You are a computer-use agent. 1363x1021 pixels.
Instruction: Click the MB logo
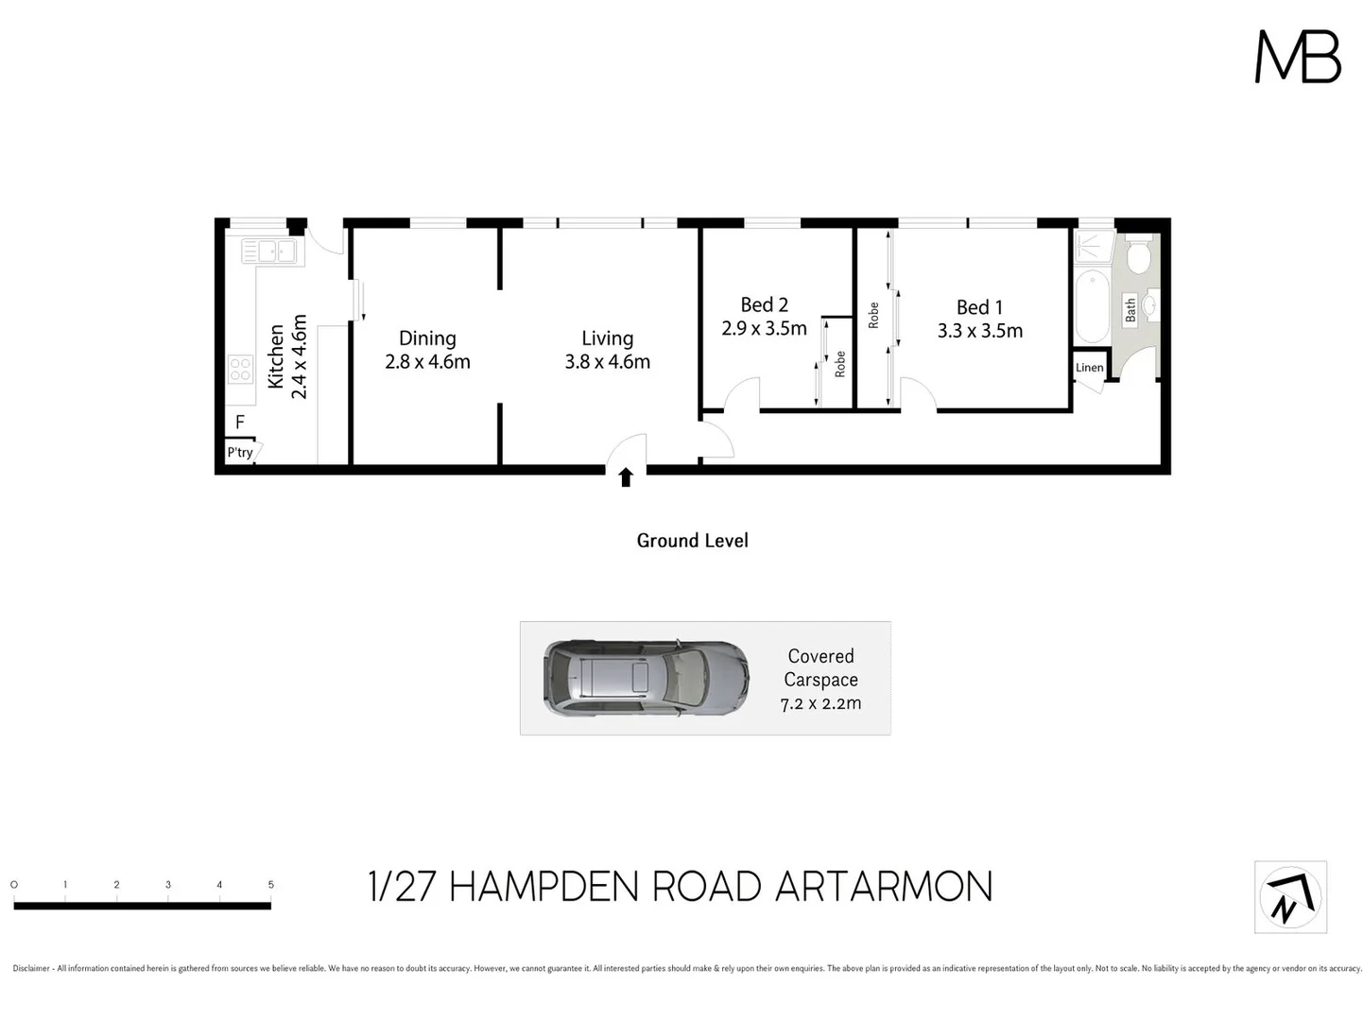pyautogui.click(x=1297, y=57)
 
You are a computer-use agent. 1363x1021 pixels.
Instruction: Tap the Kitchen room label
pyautogui.click(x=276, y=356)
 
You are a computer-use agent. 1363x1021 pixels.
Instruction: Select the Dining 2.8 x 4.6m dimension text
pyautogui.click(x=427, y=362)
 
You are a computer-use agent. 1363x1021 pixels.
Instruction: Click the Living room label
pyautogui.click(x=607, y=338)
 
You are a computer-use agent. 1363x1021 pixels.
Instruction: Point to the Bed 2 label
pyautogui.click(x=764, y=305)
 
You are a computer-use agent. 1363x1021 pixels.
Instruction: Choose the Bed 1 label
pyautogui.click(x=979, y=307)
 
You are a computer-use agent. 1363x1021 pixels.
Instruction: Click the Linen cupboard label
pyautogui.click(x=1089, y=368)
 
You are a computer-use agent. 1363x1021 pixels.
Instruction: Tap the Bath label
pyautogui.click(x=1130, y=310)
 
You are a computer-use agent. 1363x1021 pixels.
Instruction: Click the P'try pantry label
pyautogui.click(x=240, y=453)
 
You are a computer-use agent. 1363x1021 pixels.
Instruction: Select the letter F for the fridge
pyautogui.click(x=240, y=423)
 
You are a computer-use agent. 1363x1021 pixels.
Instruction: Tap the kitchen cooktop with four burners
pyautogui.click(x=240, y=369)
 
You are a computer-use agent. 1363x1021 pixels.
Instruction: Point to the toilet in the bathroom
pyautogui.click(x=1138, y=255)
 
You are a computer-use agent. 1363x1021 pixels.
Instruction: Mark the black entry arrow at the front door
pyautogui.click(x=625, y=477)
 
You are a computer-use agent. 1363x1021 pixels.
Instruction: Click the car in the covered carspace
pyautogui.click(x=647, y=678)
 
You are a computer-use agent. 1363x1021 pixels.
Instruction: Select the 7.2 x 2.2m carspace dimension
pyautogui.click(x=820, y=704)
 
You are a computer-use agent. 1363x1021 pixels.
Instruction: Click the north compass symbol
pyautogui.click(x=1290, y=897)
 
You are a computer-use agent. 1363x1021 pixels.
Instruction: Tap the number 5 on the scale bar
pyautogui.click(x=270, y=885)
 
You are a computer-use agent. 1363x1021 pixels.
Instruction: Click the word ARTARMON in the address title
pyautogui.click(x=883, y=888)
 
